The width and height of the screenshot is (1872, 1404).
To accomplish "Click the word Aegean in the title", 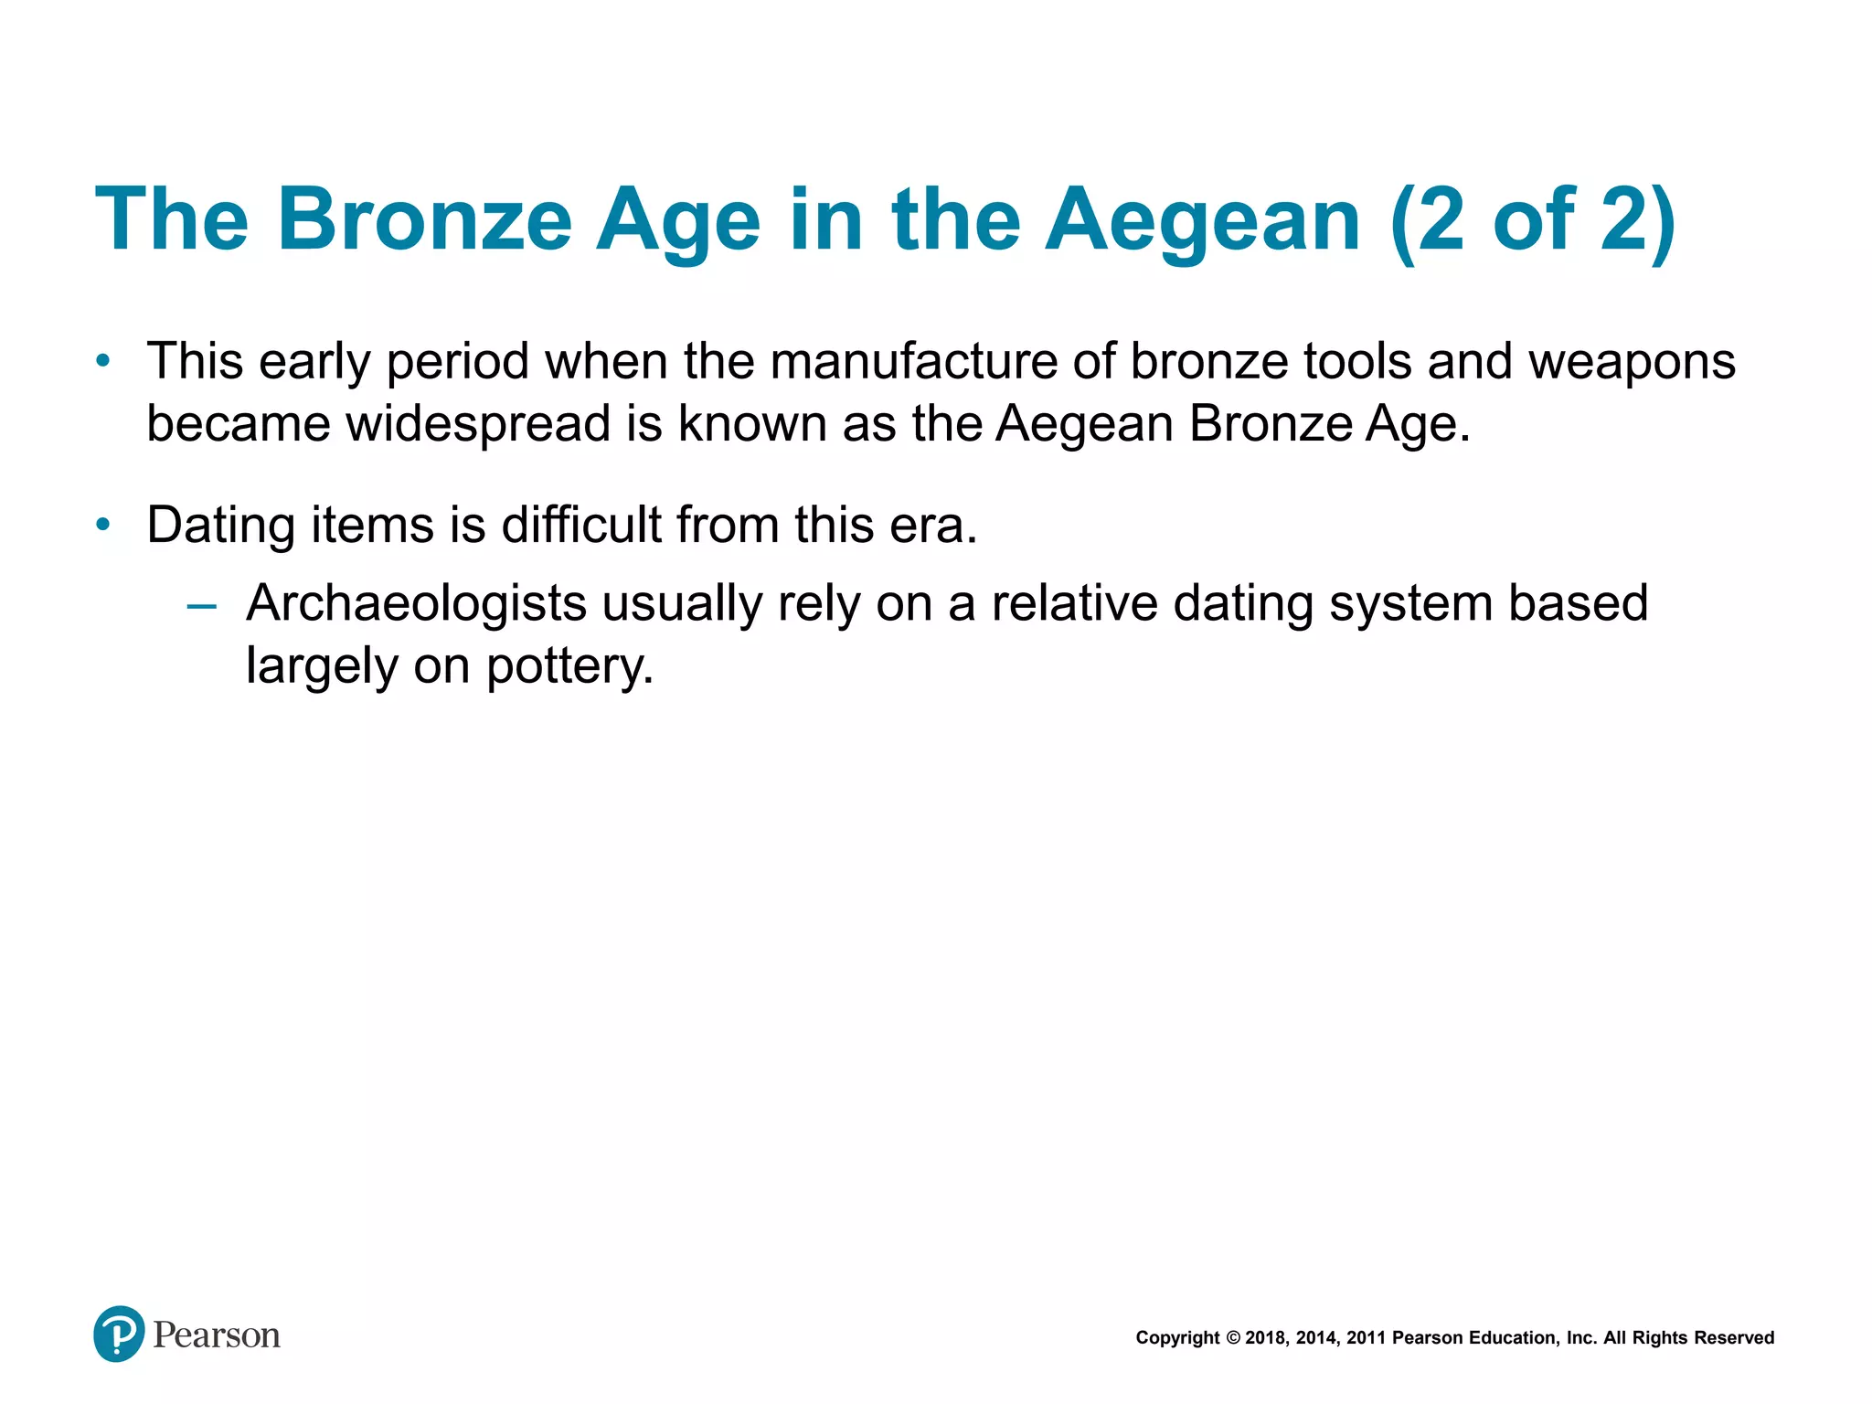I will pos(1203,221).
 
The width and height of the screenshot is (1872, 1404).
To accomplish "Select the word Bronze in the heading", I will pos(424,221).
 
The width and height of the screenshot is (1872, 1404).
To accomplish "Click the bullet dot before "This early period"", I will pos(103,362).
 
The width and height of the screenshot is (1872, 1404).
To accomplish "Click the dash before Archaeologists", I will pos(201,605).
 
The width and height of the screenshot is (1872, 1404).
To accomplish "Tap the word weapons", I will pos(1633,362).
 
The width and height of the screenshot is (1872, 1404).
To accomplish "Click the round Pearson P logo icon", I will pos(119,1334).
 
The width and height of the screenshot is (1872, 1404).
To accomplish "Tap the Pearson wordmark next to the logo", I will pos(217,1335).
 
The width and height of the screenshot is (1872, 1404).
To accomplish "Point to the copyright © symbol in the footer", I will pos(1233,1338).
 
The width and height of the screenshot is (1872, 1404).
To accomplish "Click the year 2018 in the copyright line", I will pos(1266,1338).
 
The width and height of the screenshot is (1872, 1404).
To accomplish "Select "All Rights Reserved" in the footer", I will pos(1688,1338).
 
